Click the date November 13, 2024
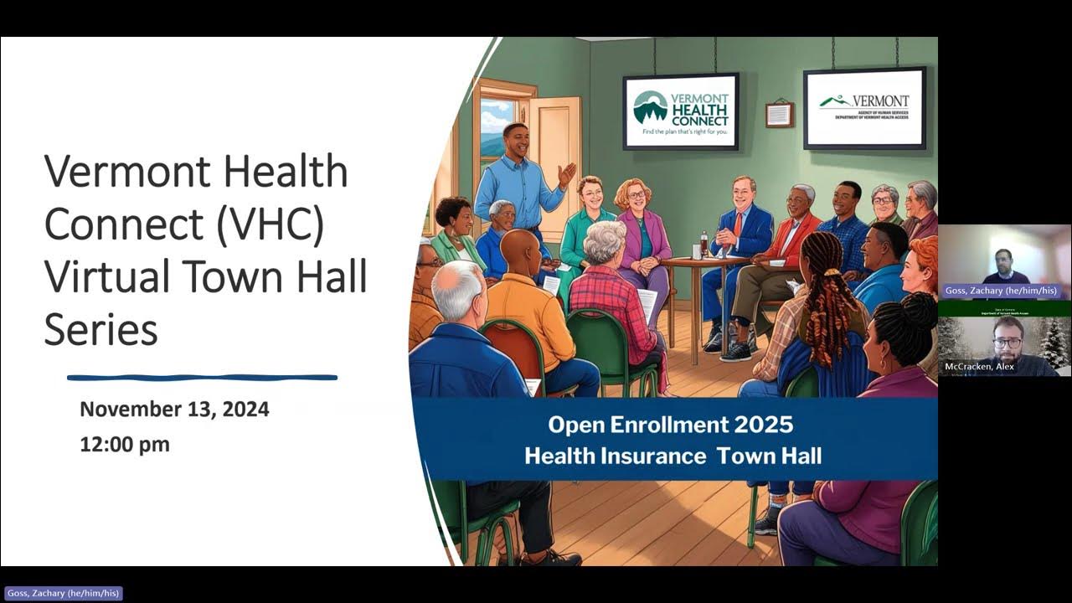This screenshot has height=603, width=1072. (x=174, y=410)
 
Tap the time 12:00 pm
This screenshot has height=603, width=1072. (x=125, y=445)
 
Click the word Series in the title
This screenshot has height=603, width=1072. (x=100, y=328)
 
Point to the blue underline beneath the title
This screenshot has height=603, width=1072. (x=202, y=378)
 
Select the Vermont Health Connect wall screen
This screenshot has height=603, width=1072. (x=680, y=111)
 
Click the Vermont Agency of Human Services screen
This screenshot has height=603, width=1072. (x=864, y=107)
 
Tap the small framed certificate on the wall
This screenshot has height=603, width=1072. (x=779, y=114)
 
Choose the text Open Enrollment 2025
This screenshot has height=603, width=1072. (x=670, y=425)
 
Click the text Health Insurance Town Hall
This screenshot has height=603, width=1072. (x=673, y=456)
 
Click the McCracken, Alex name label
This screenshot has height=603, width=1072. (x=980, y=367)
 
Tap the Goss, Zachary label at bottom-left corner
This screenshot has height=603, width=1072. (x=62, y=593)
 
